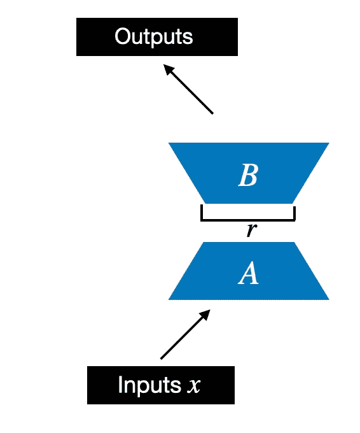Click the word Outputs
(154, 37)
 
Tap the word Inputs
(149, 385)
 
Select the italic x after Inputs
(193, 386)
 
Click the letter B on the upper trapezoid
(248, 175)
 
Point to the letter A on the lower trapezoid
(248, 273)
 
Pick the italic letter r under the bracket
(251, 230)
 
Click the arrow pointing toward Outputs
(188, 89)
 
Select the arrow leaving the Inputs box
(185, 334)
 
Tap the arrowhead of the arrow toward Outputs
(169, 69)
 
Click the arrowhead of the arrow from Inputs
(205, 315)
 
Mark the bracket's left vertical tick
(202, 212)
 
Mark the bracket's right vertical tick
(294, 213)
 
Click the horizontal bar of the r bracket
(248, 220)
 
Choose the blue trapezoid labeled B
(249, 173)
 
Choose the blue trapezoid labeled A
(249, 271)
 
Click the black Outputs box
(157, 37)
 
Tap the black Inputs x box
(161, 385)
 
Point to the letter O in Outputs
(123, 36)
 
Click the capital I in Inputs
(120, 384)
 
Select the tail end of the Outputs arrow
(212, 113)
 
